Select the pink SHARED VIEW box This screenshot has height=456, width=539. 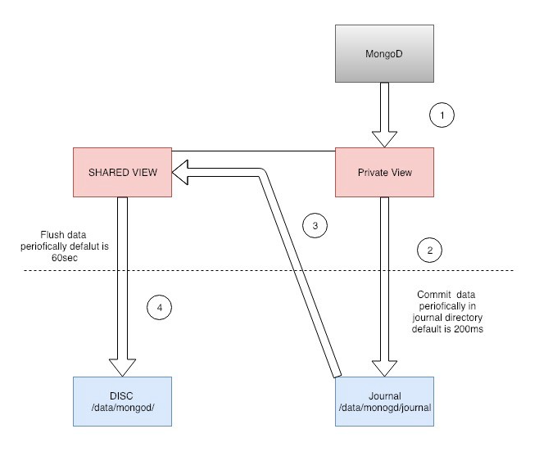point(121,172)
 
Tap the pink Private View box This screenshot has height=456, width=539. point(384,172)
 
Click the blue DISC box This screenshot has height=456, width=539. point(121,401)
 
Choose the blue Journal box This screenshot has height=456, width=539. point(384,401)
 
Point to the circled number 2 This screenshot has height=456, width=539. point(429,249)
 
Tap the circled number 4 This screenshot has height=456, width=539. point(160,308)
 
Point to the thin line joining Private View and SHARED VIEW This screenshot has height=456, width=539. point(254,151)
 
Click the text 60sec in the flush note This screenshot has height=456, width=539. point(41,255)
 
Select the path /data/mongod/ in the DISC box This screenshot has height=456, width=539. point(121,408)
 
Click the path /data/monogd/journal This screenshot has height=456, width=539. point(384,408)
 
